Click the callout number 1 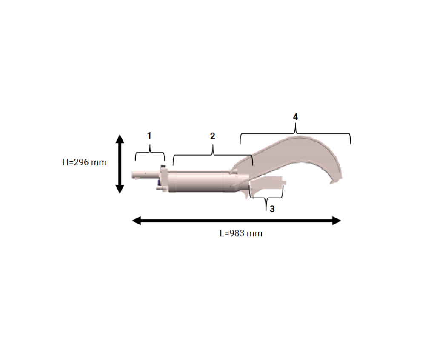(149, 136)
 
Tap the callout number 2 (213, 136)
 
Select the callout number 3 (272, 209)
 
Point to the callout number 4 (295, 116)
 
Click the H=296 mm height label (84, 162)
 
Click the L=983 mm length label (241, 233)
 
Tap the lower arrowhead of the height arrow (120, 189)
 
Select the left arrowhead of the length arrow (136, 221)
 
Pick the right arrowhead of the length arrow (337, 221)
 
